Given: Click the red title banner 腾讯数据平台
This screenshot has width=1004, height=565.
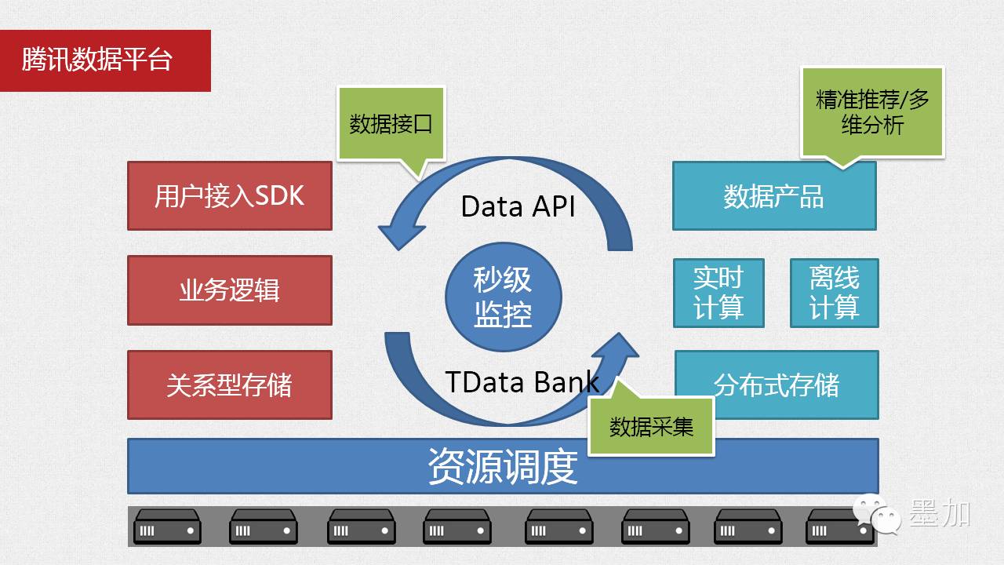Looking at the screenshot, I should pos(105,60).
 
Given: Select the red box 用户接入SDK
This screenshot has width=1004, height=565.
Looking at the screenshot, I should pos(230,195).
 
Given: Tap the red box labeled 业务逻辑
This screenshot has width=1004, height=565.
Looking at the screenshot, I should pos(230,290).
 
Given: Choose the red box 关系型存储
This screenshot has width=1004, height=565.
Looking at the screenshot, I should pos(230,385).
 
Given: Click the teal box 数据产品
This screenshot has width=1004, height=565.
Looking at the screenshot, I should pos(774,196).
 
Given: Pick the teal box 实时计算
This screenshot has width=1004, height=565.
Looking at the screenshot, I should pos(718,293).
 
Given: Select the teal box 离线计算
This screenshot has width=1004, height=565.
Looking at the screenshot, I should pos(835,293).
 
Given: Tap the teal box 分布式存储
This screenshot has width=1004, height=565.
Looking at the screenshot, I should pos(777,385).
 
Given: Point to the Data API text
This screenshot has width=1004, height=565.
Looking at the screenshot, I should pos(518,206).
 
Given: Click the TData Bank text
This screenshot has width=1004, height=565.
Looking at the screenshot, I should pos(522,381).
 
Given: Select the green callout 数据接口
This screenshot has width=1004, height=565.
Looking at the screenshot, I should pos(391,124).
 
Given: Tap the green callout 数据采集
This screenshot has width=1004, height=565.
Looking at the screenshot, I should pos(651,426).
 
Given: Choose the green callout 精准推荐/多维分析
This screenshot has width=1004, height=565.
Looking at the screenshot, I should pos(872,112).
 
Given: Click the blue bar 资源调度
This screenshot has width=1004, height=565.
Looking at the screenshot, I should pos(503,466).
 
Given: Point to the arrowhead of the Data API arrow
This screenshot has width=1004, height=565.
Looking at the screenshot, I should pos(396,233).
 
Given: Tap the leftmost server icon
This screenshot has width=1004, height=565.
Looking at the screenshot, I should pos(167,526).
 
